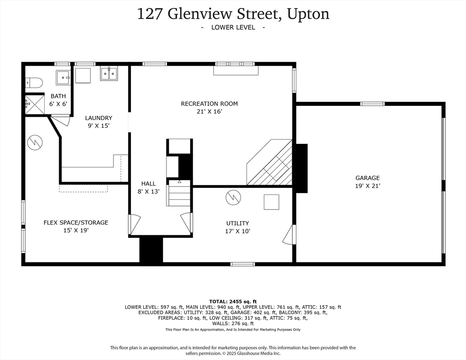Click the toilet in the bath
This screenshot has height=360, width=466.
pyautogui.click(x=34, y=83)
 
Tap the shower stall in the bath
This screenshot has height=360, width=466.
pyautogui.click(x=34, y=104)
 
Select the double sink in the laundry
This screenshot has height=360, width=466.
pyautogui.click(x=109, y=73)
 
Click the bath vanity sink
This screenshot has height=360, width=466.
pyautogui.click(x=62, y=77)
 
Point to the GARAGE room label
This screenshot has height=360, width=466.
pyautogui.click(x=367, y=178)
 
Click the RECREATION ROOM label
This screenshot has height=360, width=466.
pyautogui.click(x=209, y=104)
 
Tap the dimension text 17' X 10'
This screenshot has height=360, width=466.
pyautogui.click(x=238, y=231)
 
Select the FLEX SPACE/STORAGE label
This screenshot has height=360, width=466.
pyautogui.click(x=76, y=222)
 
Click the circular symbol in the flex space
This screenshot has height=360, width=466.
pyautogui.click(x=35, y=142)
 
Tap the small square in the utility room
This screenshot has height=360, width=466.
pyautogui.click(x=271, y=202)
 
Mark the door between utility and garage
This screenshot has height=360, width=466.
pyautogui.click(x=289, y=234)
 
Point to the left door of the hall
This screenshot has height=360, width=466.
pyautogui.click(x=134, y=224)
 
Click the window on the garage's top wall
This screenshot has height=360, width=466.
pyautogui.click(x=372, y=104)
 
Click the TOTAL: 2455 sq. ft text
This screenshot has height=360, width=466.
pyautogui.click(x=233, y=301)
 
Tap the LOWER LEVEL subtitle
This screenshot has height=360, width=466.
pyautogui.click(x=233, y=27)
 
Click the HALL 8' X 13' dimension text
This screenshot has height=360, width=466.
pyautogui.click(x=149, y=191)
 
